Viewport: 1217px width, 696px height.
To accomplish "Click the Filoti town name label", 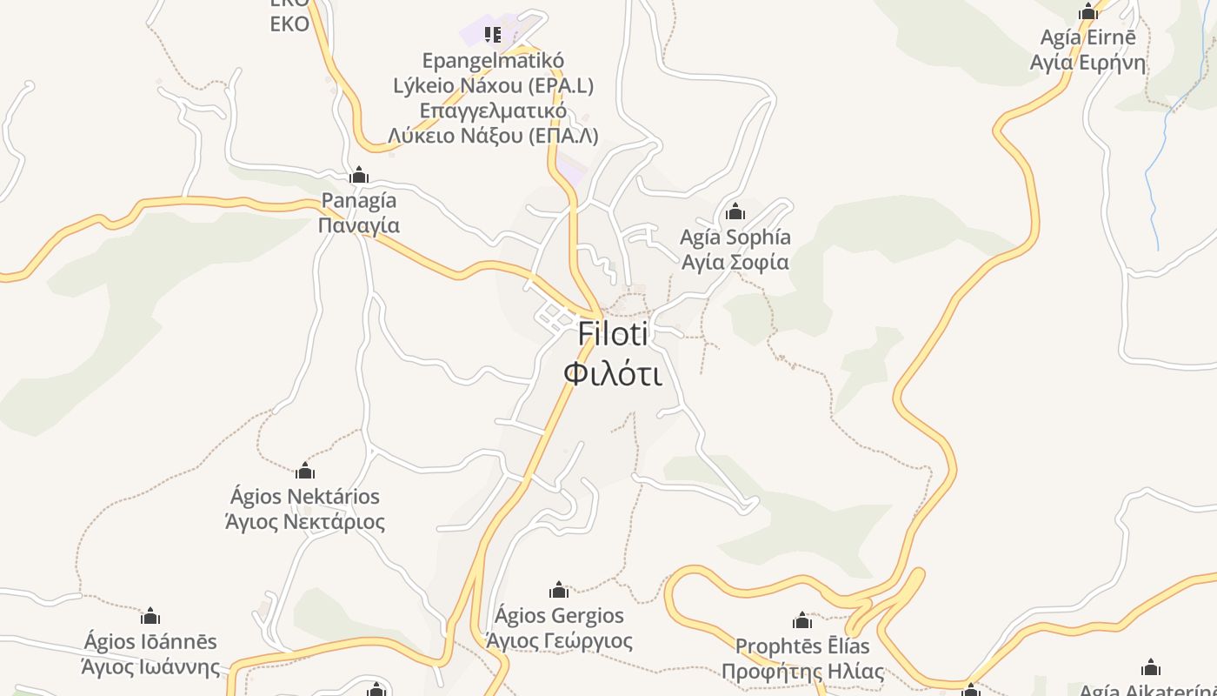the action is pyautogui.click(x=613, y=334).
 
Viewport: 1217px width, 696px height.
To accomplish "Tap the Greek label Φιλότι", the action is pyautogui.click(x=613, y=373).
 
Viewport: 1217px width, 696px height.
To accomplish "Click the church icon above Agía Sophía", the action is pyautogui.click(x=735, y=211).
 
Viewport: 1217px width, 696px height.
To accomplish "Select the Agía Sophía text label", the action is pyautogui.click(x=735, y=238).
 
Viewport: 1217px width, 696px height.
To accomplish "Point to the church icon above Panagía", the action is pyautogui.click(x=359, y=176).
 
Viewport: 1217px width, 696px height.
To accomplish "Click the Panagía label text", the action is pyautogui.click(x=359, y=201).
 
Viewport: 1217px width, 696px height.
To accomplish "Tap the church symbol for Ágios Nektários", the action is pyautogui.click(x=305, y=471).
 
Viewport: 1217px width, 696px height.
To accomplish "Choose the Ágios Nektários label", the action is pyautogui.click(x=305, y=497).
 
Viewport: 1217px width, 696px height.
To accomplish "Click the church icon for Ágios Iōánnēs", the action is pyautogui.click(x=150, y=617).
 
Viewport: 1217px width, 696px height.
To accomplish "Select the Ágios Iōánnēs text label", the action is pyautogui.click(x=150, y=642).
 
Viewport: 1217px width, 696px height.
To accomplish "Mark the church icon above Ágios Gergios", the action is pyautogui.click(x=559, y=591).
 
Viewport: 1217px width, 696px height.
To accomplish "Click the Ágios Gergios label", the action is pyautogui.click(x=559, y=616).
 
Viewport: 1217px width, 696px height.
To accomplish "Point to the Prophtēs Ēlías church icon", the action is pyautogui.click(x=802, y=620).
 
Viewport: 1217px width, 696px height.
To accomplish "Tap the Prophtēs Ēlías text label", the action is pyautogui.click(x=802, y=647).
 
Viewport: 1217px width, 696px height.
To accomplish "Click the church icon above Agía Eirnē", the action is pyautogui.click(x=1087, y=12).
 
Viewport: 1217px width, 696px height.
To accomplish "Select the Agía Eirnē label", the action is pyautogui.click(x=1087, y=38).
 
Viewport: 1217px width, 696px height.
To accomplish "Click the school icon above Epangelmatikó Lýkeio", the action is pyautogui.click(x=493, y=35).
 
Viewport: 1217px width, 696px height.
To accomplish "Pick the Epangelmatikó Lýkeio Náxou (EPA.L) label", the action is pyautogui.click(x=493, y=73).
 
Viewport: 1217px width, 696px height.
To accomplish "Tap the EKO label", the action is pyautogui.click(x=289, y=23).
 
